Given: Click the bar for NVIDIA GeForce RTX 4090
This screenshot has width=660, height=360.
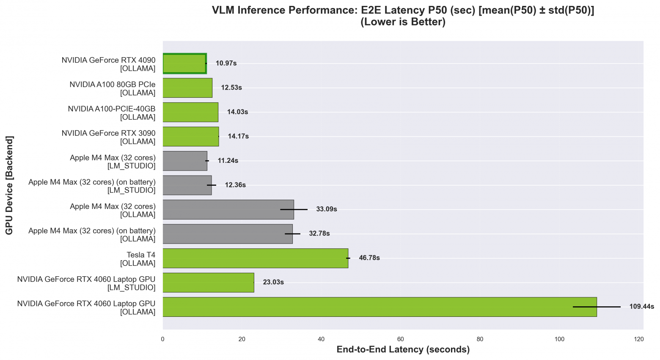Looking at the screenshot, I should point(184,63).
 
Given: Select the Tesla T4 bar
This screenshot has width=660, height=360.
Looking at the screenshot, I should point(255,258).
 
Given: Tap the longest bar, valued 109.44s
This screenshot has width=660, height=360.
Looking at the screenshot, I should point(379,307).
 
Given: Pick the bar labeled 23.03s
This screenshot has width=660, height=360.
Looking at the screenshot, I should point(208,283).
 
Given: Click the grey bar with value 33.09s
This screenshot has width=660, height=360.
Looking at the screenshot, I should point(228,209).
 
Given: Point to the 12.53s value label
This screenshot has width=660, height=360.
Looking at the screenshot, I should point(231,88).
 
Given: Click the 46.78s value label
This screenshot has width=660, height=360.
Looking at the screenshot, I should point(369,258).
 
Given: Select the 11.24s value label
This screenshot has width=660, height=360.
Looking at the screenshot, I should point(228,161).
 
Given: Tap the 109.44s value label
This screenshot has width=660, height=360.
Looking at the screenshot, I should point(642,307).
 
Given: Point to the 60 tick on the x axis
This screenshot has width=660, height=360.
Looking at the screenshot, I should point(400,339).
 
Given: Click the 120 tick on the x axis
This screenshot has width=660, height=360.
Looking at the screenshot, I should point(639,339).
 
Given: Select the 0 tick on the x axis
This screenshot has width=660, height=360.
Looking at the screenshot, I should point(163,339).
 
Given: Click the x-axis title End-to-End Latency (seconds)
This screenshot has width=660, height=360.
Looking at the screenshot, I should point(403,350).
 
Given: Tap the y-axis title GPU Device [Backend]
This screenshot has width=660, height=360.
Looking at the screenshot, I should point(9,185).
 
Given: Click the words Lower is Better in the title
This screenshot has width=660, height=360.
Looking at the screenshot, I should point(403,22).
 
